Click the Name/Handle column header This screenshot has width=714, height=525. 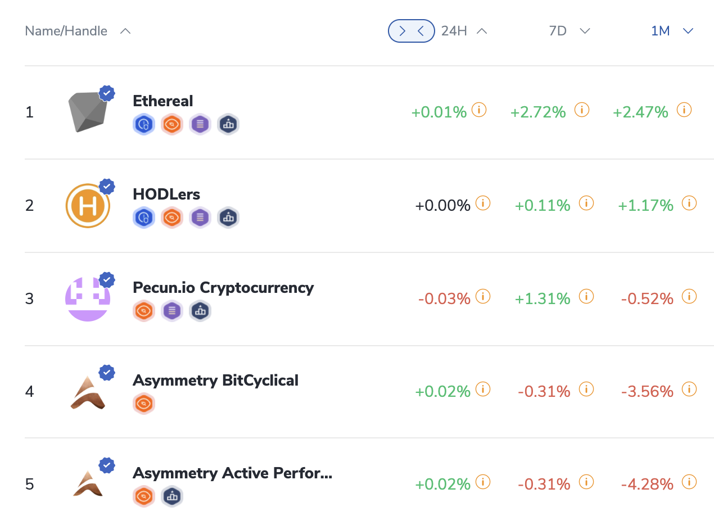tap(66, 31)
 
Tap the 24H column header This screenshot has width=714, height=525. tap(454, 31)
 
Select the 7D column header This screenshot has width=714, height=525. tap(558, 31)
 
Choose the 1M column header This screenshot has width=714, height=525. tap(661, 31)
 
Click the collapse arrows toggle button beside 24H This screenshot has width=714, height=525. tap(411, 31)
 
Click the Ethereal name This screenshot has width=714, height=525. tap(162, 101)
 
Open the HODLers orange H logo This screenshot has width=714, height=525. tap(88, 206)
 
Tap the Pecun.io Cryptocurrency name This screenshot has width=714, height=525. tap(223, 287)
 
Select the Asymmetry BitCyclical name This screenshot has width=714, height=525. tap(215, 381)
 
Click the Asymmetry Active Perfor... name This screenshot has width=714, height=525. tap(232, 473)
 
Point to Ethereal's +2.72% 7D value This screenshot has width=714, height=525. tap(537, 112)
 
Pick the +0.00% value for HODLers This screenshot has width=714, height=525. tap(442, 206)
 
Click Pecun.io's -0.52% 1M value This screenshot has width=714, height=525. tap(647, 299)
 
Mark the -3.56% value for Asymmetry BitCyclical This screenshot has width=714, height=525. tap(647, 392)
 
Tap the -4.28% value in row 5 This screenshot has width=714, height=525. tap(647, 485)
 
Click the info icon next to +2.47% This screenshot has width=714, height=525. tap(684, 110)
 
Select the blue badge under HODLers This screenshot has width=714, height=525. tap(143, 218)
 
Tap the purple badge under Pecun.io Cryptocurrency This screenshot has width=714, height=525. tap(172, 310)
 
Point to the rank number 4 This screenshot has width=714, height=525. tap(30, 391)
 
